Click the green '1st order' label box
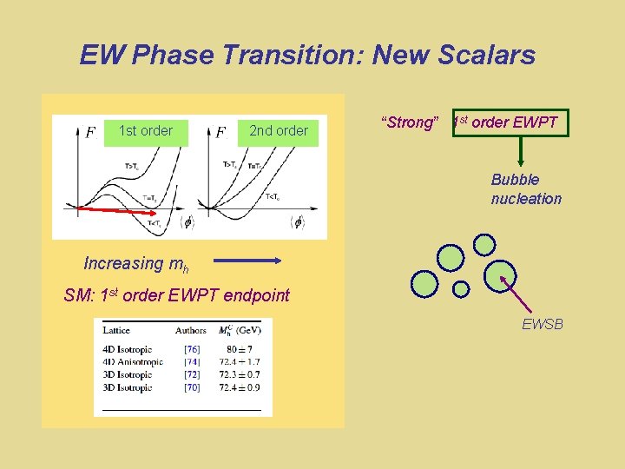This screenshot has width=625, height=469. (x=146, y=131)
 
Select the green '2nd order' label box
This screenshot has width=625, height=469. (x=279, y=131)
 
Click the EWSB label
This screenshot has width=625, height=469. (x=543, y=325)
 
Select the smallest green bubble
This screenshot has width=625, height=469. (x=461, y=287)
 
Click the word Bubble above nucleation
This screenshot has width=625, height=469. (x=515, y=180)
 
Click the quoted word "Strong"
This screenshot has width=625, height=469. (x=408, y=122)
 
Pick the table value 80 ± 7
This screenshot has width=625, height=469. (x=238, y=350)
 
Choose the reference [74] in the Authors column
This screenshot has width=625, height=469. (x=191, y=362)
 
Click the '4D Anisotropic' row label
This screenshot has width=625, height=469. (x=133, y=362)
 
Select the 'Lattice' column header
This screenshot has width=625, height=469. (x=116, y=330)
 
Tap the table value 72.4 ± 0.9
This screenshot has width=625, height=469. (x=239, y=387)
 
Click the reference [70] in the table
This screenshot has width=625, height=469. (x=191, y=387)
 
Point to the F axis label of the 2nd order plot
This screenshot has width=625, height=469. (x=220, y=132)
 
